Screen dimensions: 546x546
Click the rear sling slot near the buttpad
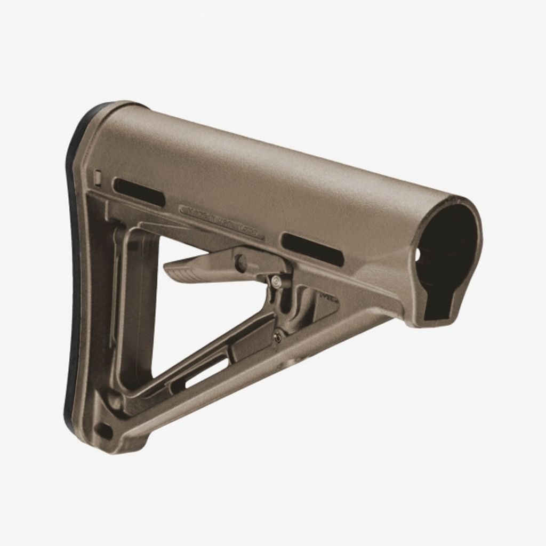click(x=139, y=192)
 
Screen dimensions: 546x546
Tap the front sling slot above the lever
click(x=312, y=249)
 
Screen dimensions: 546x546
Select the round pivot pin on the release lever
click(x=242, y=263)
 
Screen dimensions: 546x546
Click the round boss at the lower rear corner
click(x=114, y=397)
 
